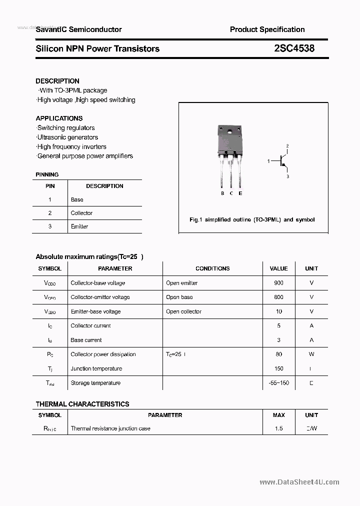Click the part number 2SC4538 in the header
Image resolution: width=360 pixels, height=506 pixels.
(x=294, y=48)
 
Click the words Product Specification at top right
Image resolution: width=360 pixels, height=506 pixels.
(x=267, y=29)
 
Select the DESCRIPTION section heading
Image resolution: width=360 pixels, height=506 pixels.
(x=57, y=81)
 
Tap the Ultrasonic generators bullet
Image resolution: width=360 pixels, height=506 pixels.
(x=67, y=137)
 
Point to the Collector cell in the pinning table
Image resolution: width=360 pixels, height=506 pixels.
(x=81, y=213)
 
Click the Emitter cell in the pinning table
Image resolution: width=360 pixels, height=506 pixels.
(x=79, y=226)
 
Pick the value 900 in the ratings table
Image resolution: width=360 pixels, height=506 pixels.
(x=278, y=283)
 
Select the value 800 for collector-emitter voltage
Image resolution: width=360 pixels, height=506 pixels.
(x=278, y=297)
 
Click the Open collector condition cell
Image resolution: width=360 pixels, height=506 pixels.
(x=183, y=311)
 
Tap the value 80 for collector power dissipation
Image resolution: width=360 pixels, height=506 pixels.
(x=278, y=354)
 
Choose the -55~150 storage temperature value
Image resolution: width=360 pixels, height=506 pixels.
(x=278, y=383)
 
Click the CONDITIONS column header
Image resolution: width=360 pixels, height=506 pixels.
(x=212, y=268)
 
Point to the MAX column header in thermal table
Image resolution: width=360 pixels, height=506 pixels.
(x=278, y=415)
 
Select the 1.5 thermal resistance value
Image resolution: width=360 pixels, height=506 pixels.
(x=278, y=428)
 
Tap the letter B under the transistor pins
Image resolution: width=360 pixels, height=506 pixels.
(x=222, y=193)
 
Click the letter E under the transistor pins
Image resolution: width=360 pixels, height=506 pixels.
(x=240, y=193)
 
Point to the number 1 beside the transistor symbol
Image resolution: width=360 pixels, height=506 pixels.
(x=268, y=161)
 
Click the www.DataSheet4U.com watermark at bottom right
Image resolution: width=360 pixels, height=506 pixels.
(x=299, y=482)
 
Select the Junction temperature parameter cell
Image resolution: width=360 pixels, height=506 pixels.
(x=96, y=369)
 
